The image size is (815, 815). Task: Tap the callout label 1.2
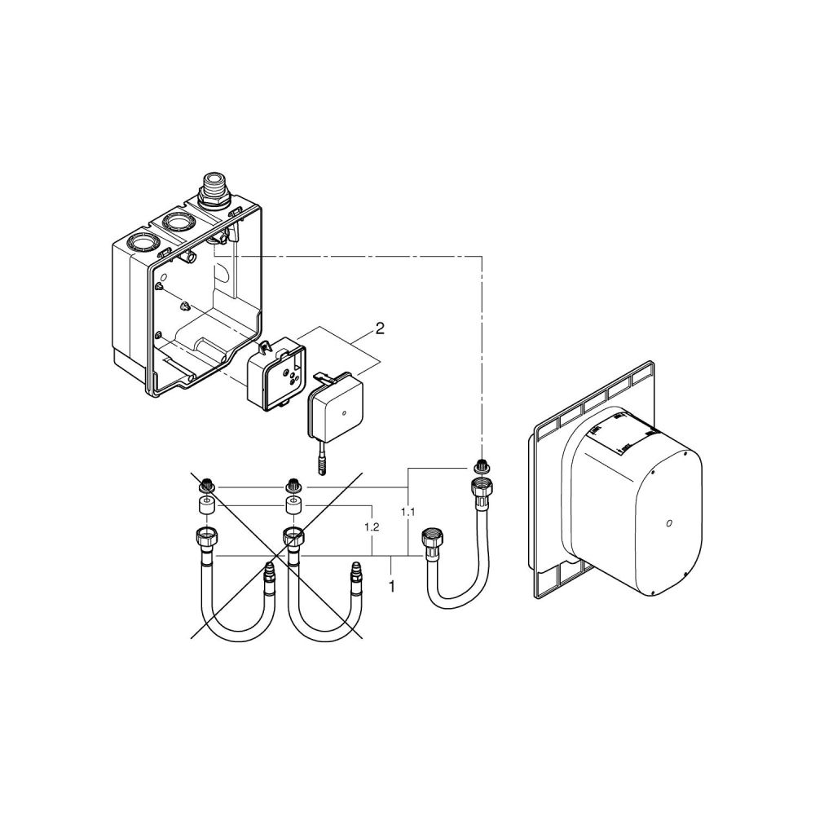[x=372, y=527]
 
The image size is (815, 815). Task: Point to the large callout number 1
[x=393, y=584]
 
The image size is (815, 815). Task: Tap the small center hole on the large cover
[x=667, y=524]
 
